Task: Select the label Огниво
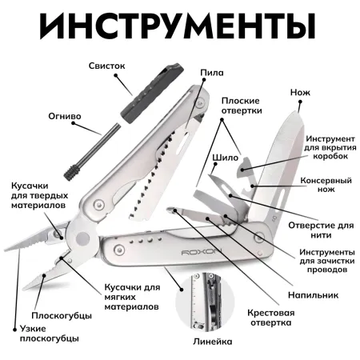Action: pyautogui.click(x=65, y=115)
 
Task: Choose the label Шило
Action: pyautogui.click(x=223, y=157)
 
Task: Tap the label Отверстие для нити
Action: pyautogui.click(x=326, y=230)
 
